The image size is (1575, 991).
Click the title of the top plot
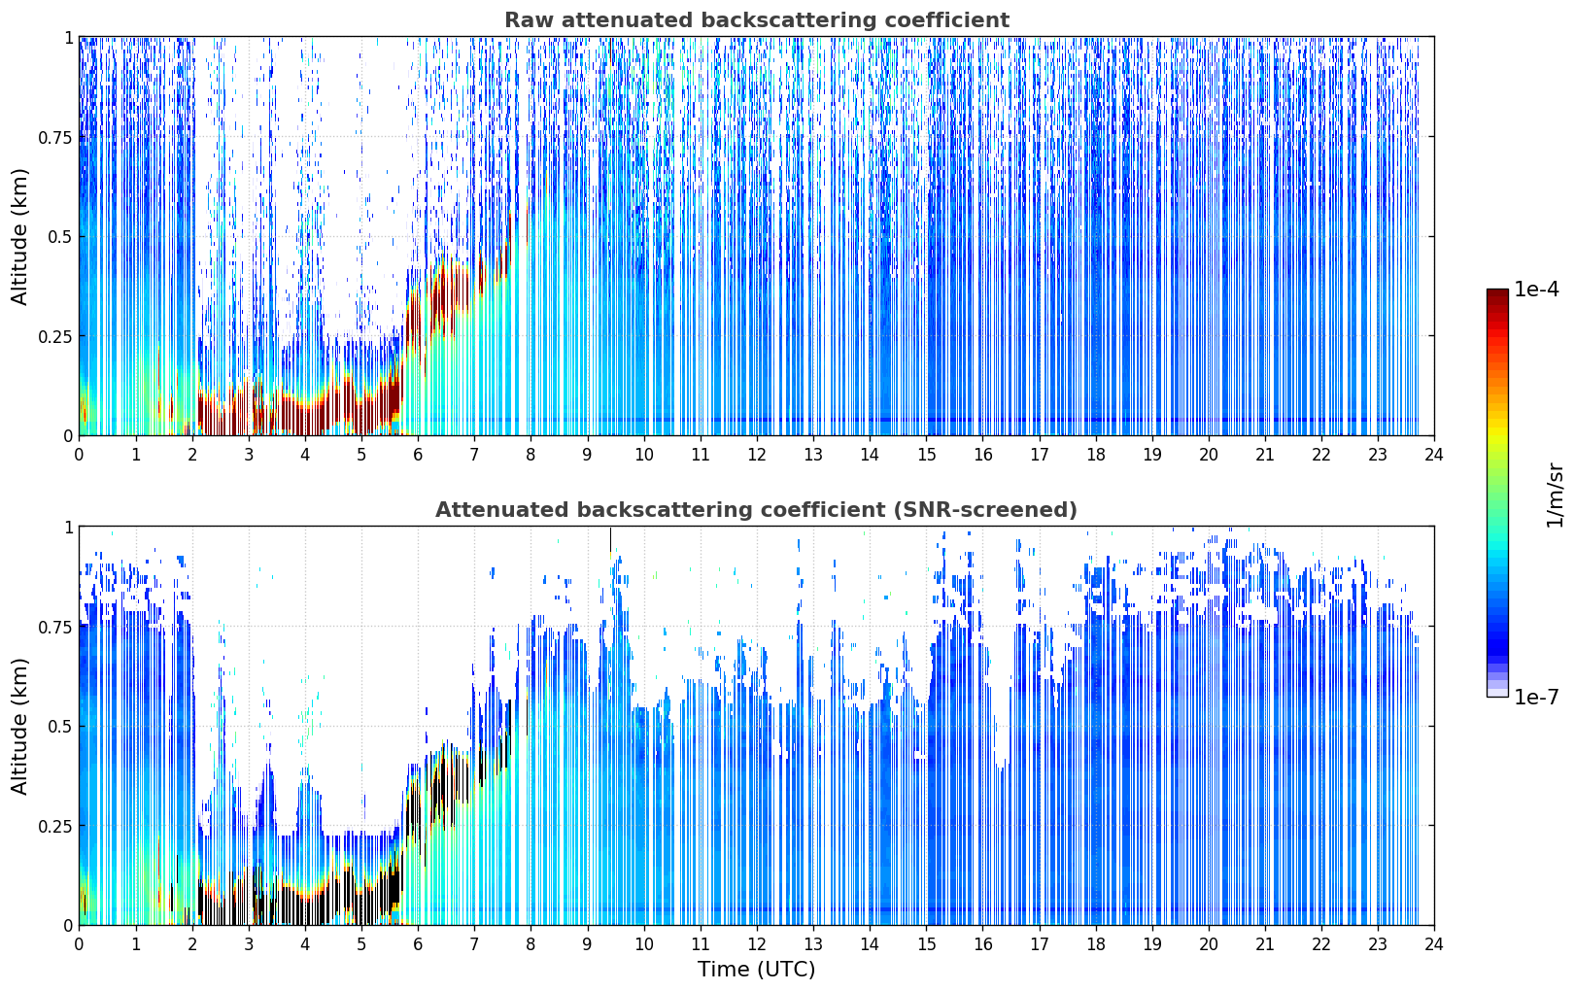(757, 19)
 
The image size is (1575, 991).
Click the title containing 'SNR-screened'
(757, 509)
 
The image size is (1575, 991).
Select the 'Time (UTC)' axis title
(757, 970)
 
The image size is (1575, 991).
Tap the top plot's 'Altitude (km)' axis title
(19, 237)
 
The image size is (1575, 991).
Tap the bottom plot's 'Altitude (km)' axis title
(19, 726)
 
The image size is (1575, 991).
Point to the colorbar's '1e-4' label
(1536, 289)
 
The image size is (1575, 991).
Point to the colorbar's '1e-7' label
(1536, 698)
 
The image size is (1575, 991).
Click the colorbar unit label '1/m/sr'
(1555, 495)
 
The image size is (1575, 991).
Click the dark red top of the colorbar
(1497, 295)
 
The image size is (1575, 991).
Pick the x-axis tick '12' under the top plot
(757, 455)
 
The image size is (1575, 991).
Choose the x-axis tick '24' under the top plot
(1434, 455)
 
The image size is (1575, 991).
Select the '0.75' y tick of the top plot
(54, 138)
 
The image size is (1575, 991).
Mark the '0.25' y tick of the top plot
(54, 337)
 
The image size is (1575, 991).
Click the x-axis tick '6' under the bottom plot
(418, 944)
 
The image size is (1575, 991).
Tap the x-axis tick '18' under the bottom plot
(1095, 944)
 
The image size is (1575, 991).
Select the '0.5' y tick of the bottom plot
(59, 727)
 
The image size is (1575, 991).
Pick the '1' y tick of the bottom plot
(68, 528)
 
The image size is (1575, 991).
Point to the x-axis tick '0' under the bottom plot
(79, 944)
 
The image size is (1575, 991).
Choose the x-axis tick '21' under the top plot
(1265, 455)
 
